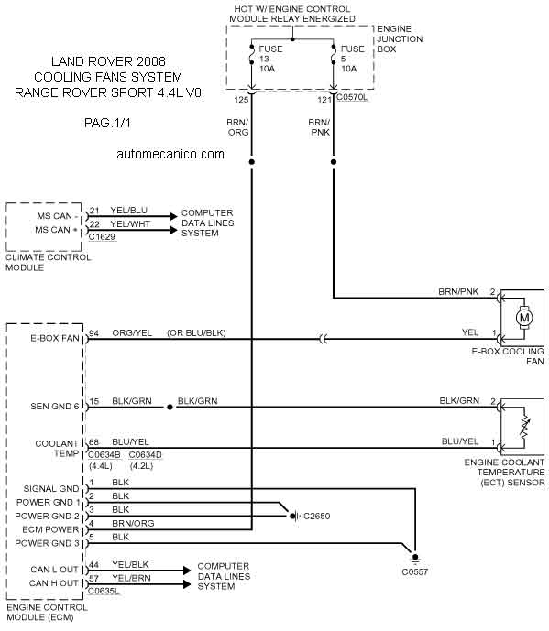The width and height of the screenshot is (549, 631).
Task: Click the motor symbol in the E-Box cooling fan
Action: click(524, 318)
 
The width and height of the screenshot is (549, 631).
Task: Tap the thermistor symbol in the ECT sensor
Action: click(524, 427)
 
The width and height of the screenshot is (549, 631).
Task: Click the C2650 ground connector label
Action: click(316, 516)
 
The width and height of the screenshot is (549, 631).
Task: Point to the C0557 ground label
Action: click(414, 571)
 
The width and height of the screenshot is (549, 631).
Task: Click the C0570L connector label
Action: click(352, 97)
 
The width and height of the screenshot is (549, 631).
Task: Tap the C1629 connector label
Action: click(102, 237)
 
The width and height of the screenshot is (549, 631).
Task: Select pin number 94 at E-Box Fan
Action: click(93, 332)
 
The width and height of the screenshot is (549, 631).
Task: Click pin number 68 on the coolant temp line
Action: click(93, 441)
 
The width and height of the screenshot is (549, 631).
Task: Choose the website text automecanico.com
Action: click(170, 154)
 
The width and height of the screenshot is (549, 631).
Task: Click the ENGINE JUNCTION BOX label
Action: click(400, 39)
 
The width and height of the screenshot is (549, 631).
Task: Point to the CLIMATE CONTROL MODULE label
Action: click(48, 262)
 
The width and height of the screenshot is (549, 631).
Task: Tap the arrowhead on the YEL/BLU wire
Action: click(173, 216)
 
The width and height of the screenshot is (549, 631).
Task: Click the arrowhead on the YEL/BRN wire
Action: click(187, 584)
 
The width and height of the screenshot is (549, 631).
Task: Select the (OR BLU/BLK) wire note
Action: click(196, 332)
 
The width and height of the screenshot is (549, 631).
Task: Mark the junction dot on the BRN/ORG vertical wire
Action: click(252, 162)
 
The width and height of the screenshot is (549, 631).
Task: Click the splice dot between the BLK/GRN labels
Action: click(170, 408)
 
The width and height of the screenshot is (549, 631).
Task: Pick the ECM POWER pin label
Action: click(50, 529)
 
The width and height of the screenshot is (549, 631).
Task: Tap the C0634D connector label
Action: click(146, 455)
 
